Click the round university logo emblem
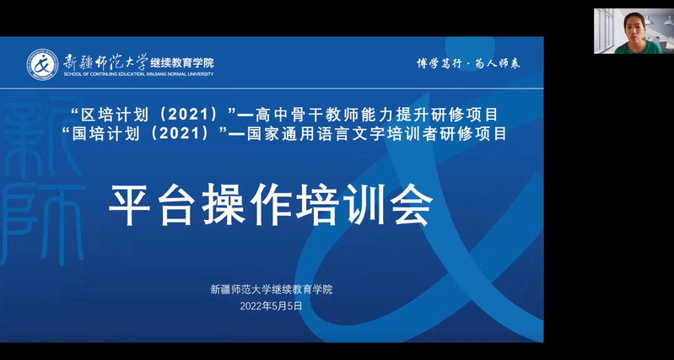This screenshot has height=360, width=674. coord(42,64)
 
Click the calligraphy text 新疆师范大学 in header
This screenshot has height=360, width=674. coord(105,62)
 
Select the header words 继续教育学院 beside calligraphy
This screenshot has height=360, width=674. coord(182,63)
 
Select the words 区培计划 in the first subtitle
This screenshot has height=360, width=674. coord(115,115)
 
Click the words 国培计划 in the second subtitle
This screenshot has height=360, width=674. coord(105,134)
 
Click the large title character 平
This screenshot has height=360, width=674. coord(130,205)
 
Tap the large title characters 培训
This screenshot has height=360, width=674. coord(342,205)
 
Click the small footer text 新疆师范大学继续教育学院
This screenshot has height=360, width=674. coord(272,289)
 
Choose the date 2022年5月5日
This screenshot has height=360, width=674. coord(272,306)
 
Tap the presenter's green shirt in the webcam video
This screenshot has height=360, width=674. coord(639,47)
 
